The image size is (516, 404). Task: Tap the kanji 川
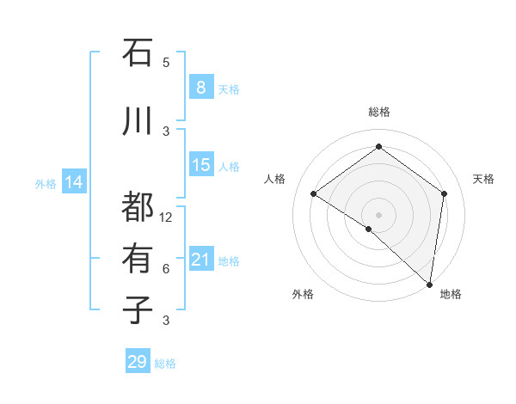coord(138,121)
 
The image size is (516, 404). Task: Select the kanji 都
coord(138,206)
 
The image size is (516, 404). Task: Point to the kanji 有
coord(138,258)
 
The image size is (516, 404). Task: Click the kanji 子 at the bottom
coord(138,310)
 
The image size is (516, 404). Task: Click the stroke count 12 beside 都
coord(167,217)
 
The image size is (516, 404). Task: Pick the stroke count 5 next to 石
coord(166,63)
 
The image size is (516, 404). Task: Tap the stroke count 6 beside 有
coord(166,269)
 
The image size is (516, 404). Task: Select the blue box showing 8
coord(200,87)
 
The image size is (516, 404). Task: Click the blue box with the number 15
coord(200,165)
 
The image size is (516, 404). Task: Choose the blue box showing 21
coord(200,260)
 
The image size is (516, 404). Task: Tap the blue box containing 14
coord(74,182)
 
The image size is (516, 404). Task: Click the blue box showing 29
coord(137,362)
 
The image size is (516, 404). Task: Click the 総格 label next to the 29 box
coord(166,364)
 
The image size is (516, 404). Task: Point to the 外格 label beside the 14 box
coord(45,183)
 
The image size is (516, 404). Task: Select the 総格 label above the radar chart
coord(378,112)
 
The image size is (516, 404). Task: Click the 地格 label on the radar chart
coord(451,294)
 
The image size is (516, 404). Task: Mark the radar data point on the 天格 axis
coord(445,193)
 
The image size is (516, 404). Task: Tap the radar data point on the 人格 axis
coord(314,194)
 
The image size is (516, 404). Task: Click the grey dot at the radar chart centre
coord(378,214)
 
